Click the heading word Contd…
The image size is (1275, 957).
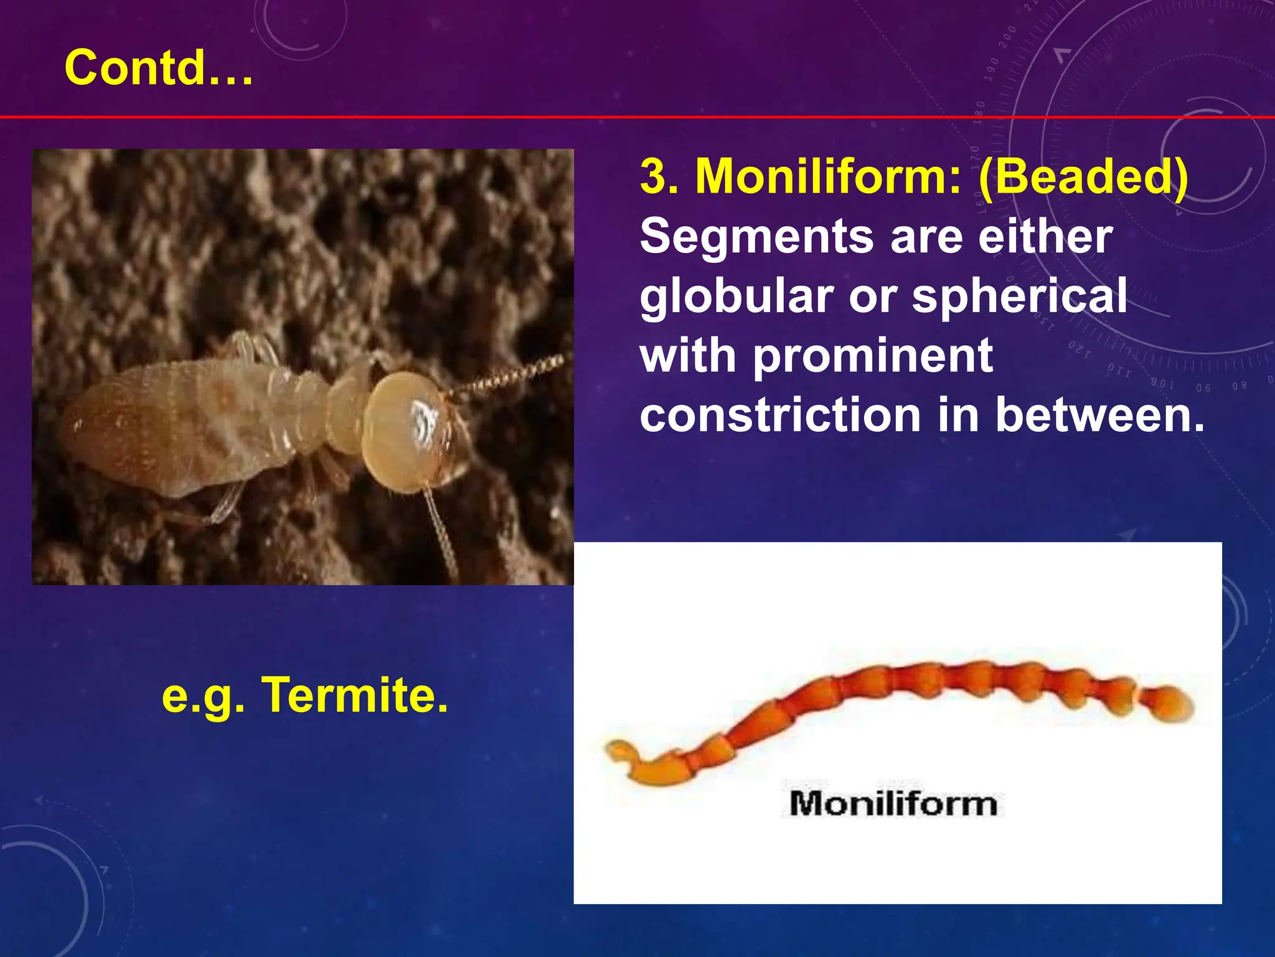(x=159, y=67)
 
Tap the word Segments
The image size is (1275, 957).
(x=756, y=237)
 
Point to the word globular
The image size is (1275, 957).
(x=736, y=297)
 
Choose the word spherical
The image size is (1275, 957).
(x=1019, y=297)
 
